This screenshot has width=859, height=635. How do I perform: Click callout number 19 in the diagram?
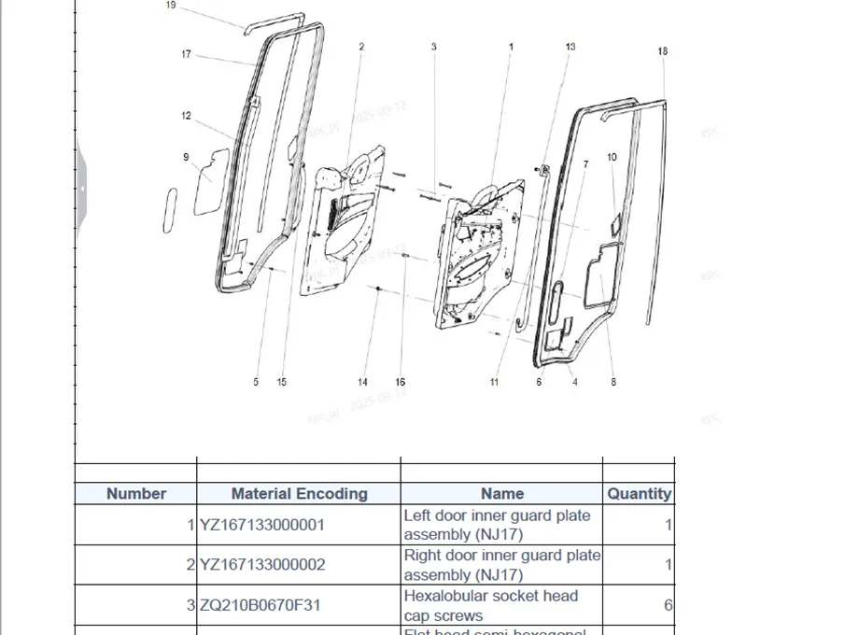(x=171, y=5)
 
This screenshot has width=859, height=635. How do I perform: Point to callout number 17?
(x=186, y=54)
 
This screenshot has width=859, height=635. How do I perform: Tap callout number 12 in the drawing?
(x=186, y=116)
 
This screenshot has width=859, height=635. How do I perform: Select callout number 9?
(x=186, y=157)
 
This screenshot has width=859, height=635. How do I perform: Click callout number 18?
(x=663, y=51)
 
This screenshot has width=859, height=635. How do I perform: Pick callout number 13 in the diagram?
(x=570, y=46)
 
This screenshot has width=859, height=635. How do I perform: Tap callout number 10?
(x=612, y=158)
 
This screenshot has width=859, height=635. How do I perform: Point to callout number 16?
(x=401, y=382)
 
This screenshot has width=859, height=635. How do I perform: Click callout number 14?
(x=363, y=382)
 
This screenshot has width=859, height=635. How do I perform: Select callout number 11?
(x=494, y=382)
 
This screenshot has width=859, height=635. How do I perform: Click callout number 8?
(x=613, y=382)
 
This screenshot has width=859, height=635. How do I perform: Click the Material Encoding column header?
(x=299, y=494)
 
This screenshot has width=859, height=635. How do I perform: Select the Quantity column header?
(x=639, y=494)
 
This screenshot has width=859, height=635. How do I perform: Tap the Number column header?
(x=136, y=494)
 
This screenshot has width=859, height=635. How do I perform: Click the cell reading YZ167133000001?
(x=262, y=525)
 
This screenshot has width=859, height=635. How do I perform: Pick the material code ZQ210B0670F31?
(x=261, y=605)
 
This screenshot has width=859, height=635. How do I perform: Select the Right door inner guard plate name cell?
(x=501, y=565)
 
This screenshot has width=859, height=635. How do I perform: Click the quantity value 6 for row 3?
(x=668, y=605)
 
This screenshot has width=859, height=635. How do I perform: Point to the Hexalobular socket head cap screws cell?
(x=491, y=605)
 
